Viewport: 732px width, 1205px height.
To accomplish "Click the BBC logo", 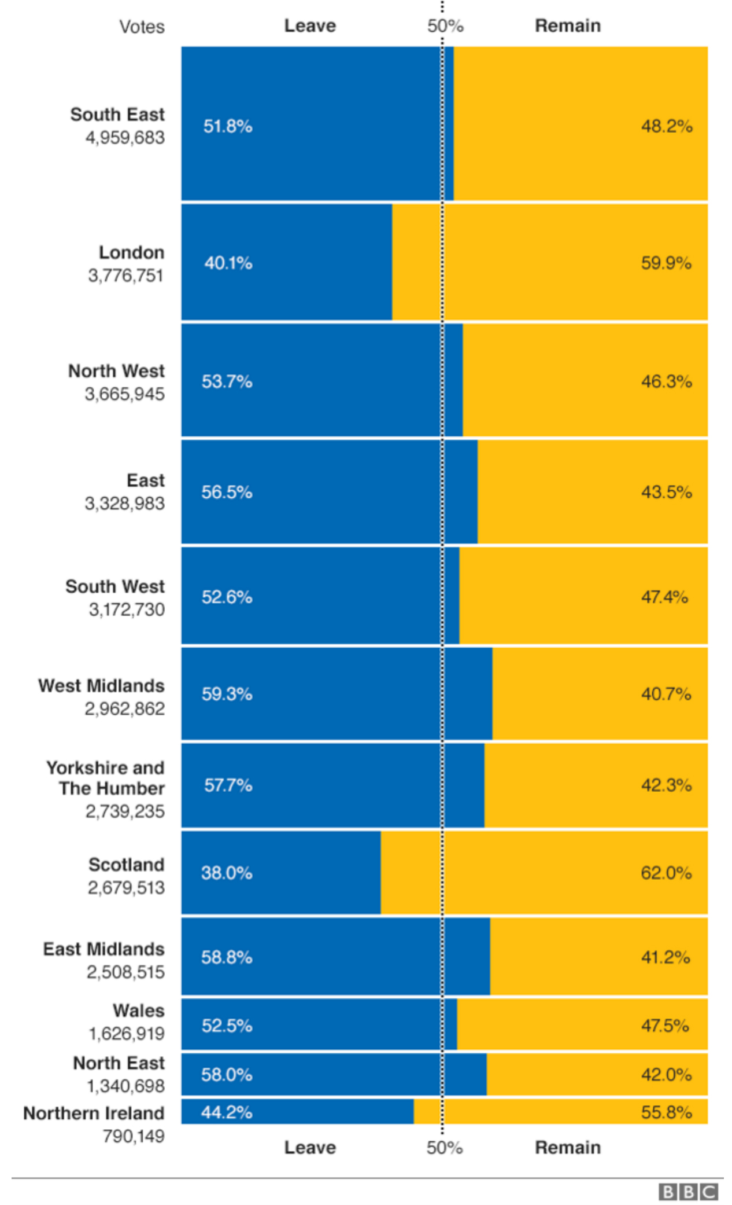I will click(x=687, y=1192).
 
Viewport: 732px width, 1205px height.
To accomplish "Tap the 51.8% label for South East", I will click(x=227, y=126).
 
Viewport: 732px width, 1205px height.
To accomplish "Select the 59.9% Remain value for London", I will click(x=666, y=263).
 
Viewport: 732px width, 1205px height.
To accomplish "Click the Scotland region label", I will click(x=127, y=865).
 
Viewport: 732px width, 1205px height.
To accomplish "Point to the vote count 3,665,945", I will click(x=125, y=394).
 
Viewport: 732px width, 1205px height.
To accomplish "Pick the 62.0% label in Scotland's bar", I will click(x=666, y=873).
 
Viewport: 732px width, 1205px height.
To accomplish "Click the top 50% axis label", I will click(x=445, y=26).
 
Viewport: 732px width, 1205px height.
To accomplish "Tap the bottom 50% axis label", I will click(x=445, y=1148).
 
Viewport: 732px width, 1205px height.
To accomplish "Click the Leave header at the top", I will click(x=310, y=26).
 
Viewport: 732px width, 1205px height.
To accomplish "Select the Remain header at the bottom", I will click(x=568, y=1148).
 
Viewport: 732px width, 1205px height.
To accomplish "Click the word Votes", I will click(x=142, y=27).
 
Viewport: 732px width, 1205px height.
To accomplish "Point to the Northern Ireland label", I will click(x=94, y=1114).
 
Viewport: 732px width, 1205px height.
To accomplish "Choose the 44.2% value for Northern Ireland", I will click(x=227, y=1112).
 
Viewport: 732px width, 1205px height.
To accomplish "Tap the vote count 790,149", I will click(x=134, y=1137).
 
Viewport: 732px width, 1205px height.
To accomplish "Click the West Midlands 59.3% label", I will click(x=227, y=694).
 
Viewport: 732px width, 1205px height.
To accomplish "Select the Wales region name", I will click(x=139, y=1011).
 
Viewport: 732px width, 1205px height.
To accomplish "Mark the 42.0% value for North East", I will click(x=666, y=1075).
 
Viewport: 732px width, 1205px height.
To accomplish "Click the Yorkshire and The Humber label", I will click(x=106, y=778).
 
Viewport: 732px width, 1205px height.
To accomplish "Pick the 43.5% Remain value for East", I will click(x=666, y=493).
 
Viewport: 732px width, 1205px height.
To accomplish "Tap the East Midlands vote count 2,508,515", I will click(x=125, y=972).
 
